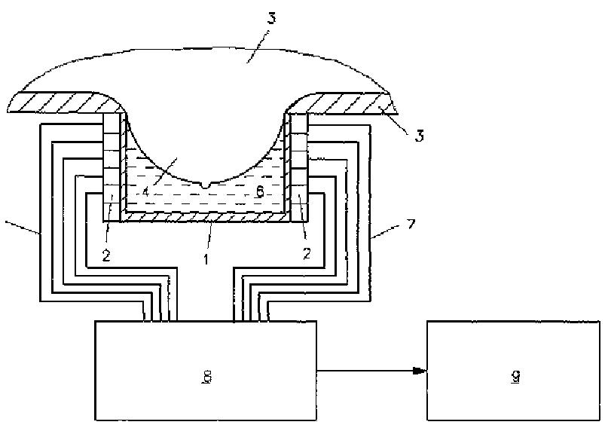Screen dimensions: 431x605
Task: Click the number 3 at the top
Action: coord(272,17)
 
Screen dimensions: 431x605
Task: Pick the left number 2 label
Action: coord(107,255)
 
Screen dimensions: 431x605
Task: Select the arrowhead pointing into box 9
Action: coord(419,370)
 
